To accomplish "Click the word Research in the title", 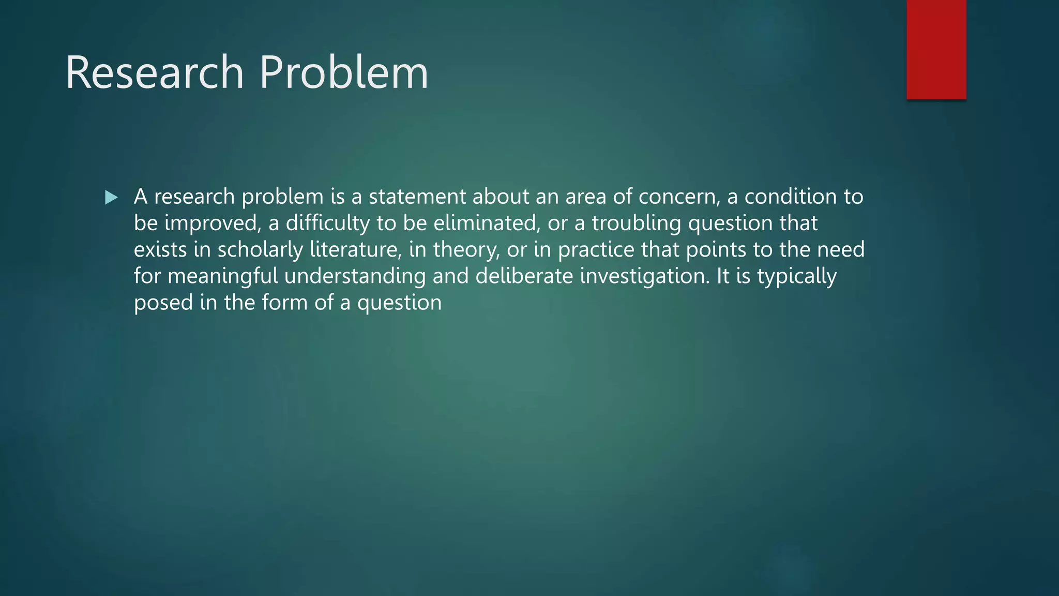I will pos(154,72).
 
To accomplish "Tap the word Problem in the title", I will pos(344,72).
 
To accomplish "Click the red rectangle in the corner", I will pos(936,49).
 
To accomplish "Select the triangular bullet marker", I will pos(111,197).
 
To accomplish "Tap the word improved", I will pos(213,224).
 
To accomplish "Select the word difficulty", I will pos(327,224).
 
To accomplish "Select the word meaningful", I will pos(222,276).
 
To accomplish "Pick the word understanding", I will pos(355,276).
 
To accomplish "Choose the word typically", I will pos(797,276).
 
